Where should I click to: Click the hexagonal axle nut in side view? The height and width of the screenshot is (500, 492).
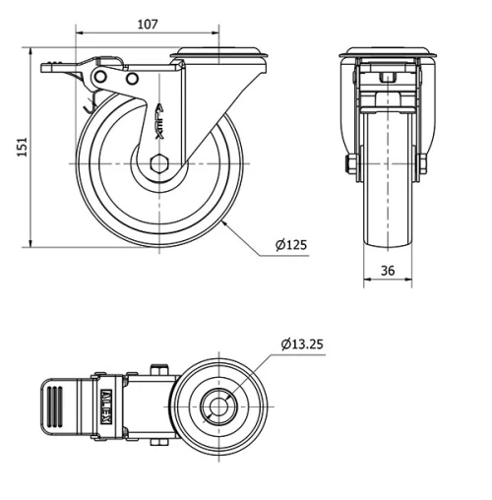pos(159,163)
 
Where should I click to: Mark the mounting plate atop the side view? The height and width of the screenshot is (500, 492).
pos(219,54)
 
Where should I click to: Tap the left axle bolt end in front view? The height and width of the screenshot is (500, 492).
pos(350,163)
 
